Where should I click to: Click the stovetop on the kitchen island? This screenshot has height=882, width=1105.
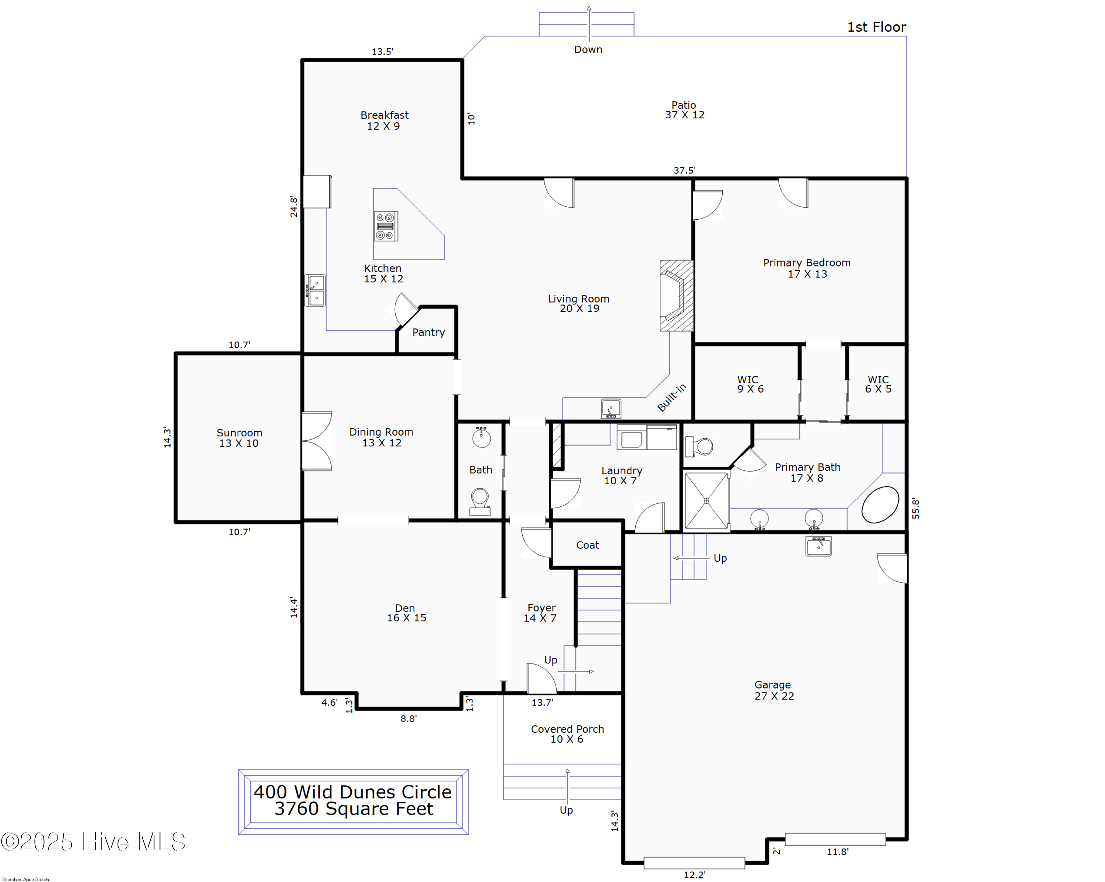point(385,226)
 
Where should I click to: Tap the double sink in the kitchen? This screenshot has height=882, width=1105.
point(315,290)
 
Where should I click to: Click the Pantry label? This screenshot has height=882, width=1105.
point(428,332)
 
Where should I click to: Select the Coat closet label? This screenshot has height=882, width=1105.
point(587,545)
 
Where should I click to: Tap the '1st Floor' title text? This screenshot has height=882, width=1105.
point(876,27)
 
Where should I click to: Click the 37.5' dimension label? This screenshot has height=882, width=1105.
point(685,170)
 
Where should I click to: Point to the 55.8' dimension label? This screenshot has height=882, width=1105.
point(915,509)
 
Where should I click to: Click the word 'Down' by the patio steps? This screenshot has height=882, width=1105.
point(588,50)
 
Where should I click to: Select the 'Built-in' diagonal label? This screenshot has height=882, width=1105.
point(671,398)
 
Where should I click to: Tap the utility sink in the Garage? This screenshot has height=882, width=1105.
point(818,546)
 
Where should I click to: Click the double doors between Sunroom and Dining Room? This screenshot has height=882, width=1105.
point(317,441)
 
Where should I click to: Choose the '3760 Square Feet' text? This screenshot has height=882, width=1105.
point(354,809)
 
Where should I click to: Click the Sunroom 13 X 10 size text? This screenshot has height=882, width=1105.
point(239,443)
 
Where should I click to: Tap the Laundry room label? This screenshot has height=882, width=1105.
point(622,471)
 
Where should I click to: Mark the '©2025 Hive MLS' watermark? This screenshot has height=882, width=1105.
point(93,842)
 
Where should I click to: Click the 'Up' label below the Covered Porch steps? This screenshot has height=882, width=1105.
point(566,810)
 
